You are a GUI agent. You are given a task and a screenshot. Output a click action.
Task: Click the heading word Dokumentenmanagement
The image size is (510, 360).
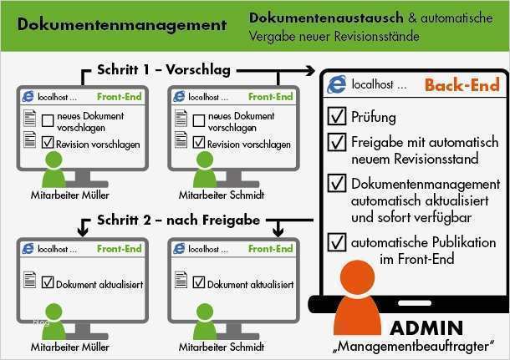pyautogui.click(x=121, y=24)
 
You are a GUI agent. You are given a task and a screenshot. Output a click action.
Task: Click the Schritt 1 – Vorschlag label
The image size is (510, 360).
pyautogui.click(x=164, y=70)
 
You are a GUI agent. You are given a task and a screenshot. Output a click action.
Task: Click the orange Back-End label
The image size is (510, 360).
pyautogui.click(x=462, y=85)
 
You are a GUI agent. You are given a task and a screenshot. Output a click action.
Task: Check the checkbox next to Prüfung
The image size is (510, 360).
pyautogui.click(x=338, y=115)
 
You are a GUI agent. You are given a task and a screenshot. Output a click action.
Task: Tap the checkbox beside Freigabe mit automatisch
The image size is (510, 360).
pyautogui.click(x=338, y=143)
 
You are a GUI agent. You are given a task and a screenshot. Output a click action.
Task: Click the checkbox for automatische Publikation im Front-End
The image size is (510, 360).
pyautogui.click(x=338, y=242)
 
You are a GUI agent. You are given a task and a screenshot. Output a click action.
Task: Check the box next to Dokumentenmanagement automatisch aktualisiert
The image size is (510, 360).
pyautogui.click(x=338, y=182)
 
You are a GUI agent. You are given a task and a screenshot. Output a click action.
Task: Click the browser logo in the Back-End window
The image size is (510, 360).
pyautogui.click(x=337, y=84)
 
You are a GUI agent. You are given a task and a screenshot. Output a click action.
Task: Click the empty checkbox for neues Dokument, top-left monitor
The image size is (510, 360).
pyautogui.click(x=48, y=121)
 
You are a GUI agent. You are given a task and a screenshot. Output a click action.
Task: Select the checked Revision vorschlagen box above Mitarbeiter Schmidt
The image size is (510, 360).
pyautogui.click(x=198, y=143)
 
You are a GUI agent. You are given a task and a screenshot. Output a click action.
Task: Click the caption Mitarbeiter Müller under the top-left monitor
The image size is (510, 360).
pyautogui.click(x=54, y=195)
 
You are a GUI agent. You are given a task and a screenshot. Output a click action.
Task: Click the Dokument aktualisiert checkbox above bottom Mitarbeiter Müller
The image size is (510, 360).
pyautogui.click(x=48, y=284)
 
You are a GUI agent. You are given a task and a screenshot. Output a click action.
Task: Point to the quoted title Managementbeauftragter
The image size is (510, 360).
pyautogui.click(x=417, y=345)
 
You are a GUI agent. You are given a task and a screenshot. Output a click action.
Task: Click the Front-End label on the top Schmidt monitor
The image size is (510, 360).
pyautogui.click(x=270, y=97)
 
